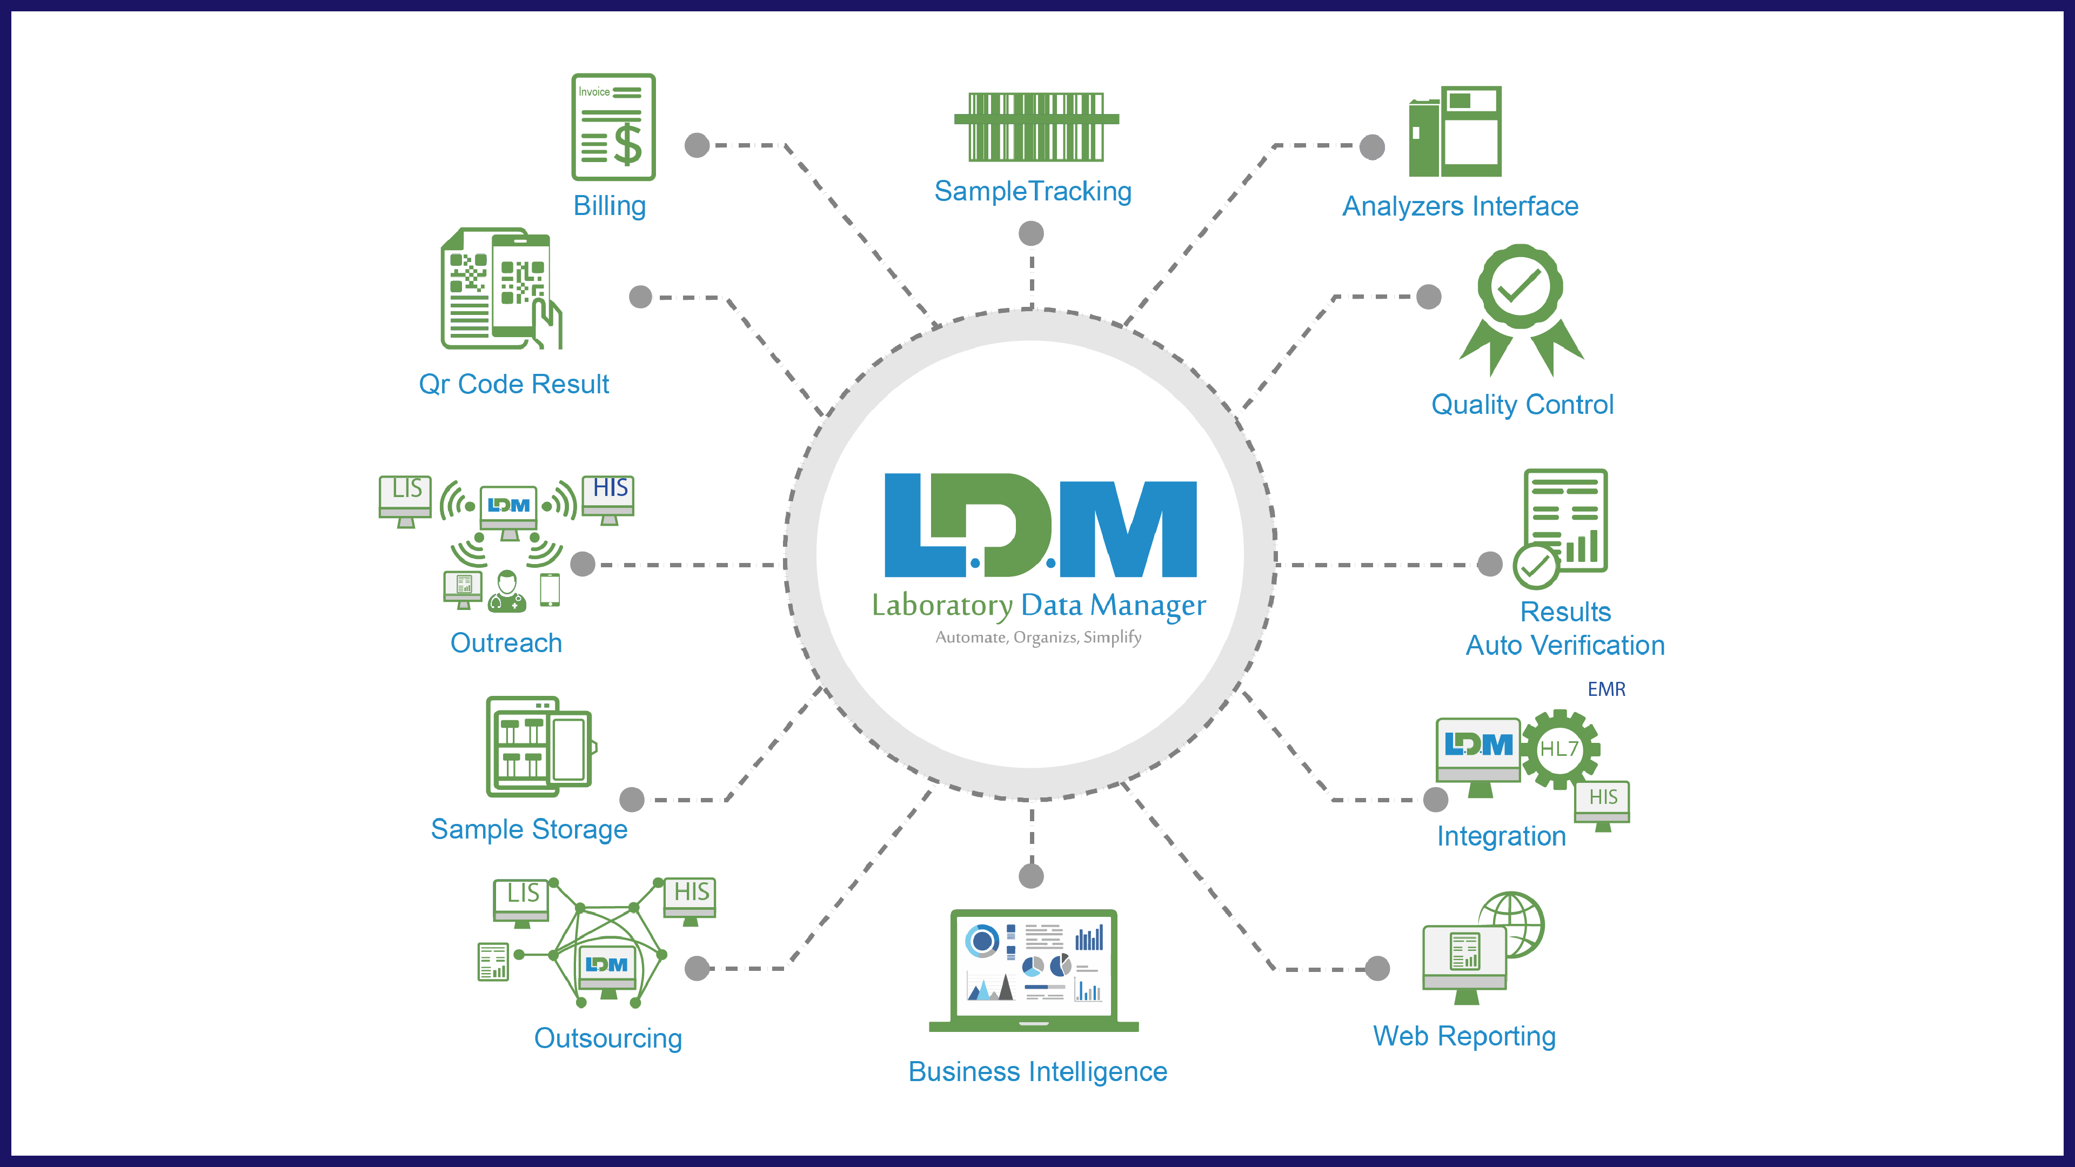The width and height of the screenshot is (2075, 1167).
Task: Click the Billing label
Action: [x=610, y=206]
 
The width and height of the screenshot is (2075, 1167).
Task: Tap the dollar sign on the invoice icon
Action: [x=627, y=144]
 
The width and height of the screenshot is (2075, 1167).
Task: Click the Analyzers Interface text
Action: [x=1460, y=206]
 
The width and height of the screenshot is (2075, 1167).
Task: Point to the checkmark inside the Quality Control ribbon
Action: [x=1519, y=285]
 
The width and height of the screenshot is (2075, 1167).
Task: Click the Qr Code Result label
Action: [x=514, y=384]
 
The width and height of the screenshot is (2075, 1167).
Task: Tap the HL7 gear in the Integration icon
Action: [x=1559, y=749]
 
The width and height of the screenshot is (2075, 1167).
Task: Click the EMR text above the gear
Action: [x=1606, y=689]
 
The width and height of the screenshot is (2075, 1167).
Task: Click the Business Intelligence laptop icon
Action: [x=1034, y=970]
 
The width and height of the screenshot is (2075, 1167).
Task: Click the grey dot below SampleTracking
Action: [x=1031, y=233]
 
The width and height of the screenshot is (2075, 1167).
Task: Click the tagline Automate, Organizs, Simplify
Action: [x=1038, y=637]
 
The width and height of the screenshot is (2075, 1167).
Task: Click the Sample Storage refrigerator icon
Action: [x=539, y=747]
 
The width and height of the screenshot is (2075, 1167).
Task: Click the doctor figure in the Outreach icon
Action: [x=507, y=592]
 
